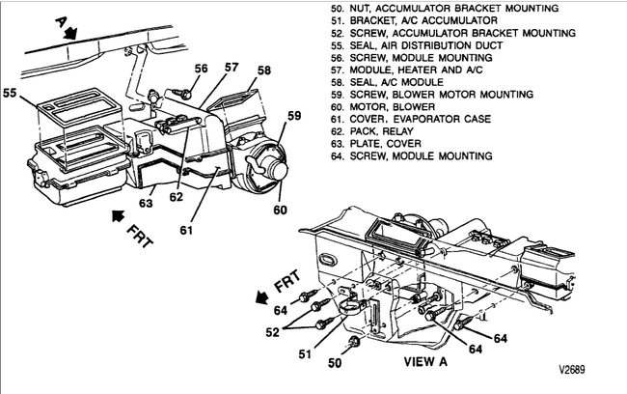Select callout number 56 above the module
tap(200, 68)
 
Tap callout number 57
tap(232, 67)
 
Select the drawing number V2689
tap(573, 369)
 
